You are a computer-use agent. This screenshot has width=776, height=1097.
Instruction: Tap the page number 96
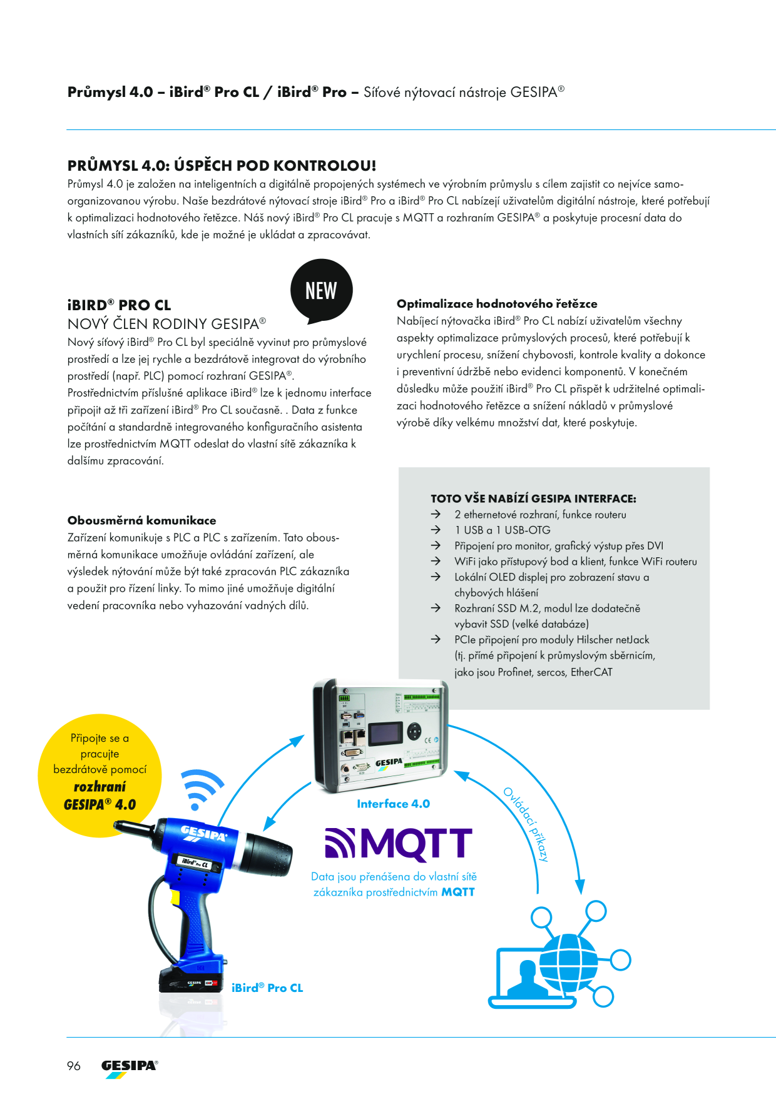click(x=74, y=1066)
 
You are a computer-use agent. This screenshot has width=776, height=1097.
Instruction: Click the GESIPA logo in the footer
click(x=130, y=1068)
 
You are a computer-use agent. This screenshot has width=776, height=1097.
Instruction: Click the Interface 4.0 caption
click(x=393, y=804)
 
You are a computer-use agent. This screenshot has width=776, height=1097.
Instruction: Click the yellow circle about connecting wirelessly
click(x=100, y=776)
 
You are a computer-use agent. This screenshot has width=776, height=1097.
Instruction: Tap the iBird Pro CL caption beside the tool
click(x=267, y=988)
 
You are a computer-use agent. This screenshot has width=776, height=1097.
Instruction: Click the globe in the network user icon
click(x=568, y=962)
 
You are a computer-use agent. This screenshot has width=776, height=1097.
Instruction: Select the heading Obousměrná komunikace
click(x=141, y=520)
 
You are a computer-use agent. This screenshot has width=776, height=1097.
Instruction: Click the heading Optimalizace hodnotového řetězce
click(x=497, y=304)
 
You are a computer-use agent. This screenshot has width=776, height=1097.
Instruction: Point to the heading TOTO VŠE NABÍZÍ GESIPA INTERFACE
click(x=533, y=498)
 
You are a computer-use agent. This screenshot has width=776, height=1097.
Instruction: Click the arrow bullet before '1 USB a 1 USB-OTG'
click(x=436, y=530)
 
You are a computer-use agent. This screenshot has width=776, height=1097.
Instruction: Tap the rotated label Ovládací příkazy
click(x=526, y=825)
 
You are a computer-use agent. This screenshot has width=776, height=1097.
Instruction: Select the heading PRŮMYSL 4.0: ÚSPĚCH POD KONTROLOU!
click(x=222, y=166)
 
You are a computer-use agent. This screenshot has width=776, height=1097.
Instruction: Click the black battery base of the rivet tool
click(x=191, y=981)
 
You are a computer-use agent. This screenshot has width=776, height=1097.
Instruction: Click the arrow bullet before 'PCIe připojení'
click(x=436, y=639)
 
